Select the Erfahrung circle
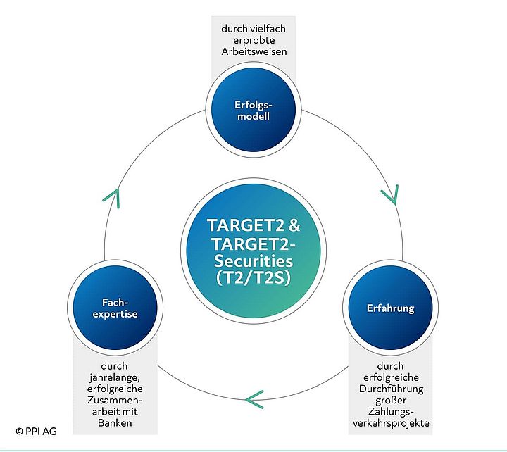[389, 308]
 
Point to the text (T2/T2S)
[254, 279]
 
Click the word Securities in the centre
[254, 261]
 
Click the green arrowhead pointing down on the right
[391, 194]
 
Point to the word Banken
[115, 422]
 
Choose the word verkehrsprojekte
[389, 423]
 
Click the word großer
[390, 400]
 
